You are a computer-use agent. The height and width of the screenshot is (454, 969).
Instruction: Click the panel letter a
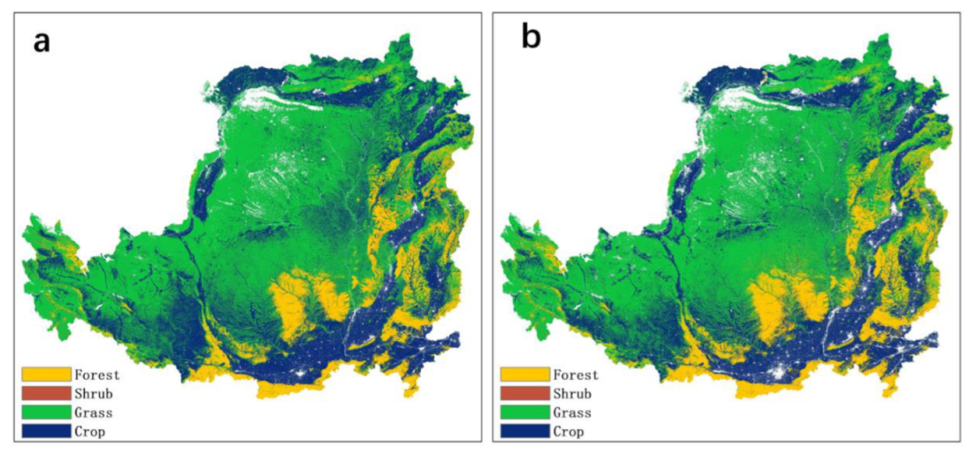point(42,42)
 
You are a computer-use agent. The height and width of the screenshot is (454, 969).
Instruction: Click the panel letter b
point(530,40)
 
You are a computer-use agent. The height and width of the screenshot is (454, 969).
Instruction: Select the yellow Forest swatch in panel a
point(47,375)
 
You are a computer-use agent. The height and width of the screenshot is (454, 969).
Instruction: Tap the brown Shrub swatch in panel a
point(47,393)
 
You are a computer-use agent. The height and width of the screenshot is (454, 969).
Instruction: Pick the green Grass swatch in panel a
point(47,412)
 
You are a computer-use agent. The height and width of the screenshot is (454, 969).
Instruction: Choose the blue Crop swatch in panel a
point(47,431)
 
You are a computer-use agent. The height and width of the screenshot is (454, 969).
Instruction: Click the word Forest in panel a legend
point(97,375)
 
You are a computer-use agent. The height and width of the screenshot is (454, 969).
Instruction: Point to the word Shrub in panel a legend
point(94,393)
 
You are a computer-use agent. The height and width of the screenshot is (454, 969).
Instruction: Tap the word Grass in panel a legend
point(94,412)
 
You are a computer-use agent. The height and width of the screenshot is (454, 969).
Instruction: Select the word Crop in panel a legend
point(90,431)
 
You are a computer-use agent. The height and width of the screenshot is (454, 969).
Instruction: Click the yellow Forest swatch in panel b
point(525,375)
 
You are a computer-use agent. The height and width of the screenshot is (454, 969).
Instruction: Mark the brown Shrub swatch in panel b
point(525,393)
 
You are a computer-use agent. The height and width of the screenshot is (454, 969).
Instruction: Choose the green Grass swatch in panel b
point(525,412)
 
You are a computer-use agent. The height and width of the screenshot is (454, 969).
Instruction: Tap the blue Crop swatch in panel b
point(525,431)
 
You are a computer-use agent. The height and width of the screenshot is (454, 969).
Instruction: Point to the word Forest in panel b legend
point(576,375)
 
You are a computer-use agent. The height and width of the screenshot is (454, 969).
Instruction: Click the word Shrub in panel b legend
point(572,393)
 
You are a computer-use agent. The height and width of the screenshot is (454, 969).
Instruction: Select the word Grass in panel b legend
point(572,412)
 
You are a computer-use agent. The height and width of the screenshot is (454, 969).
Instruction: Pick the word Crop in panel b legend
point(568,431)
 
